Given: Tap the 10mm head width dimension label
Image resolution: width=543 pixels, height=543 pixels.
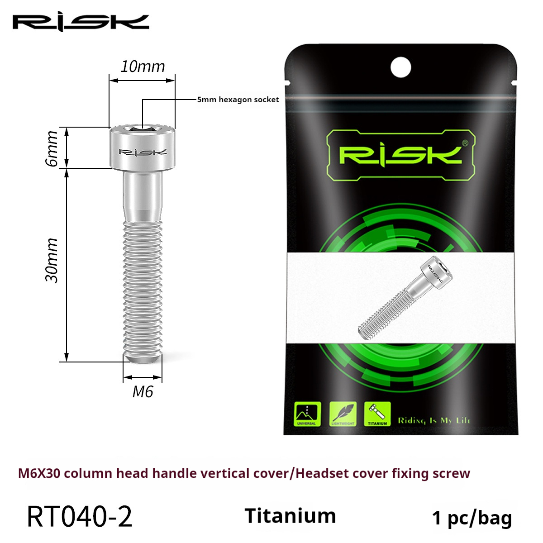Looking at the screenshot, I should (x=143, y=67).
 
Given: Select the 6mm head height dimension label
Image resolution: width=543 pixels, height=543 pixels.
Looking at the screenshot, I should (x=52, y=148).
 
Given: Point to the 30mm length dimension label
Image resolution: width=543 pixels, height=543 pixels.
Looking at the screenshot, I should (x=52, y=261).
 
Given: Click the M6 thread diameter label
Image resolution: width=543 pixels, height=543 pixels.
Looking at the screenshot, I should (x=143, y=391).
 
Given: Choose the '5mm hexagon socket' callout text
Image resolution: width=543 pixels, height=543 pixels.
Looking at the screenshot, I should (x=238, y=100).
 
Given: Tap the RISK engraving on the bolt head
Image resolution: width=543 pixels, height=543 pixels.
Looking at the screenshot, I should (x=142, y=152).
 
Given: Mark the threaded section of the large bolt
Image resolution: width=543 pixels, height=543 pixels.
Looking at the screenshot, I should (x=143, y=285).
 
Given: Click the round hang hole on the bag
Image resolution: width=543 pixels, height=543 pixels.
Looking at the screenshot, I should (x=400, y=67).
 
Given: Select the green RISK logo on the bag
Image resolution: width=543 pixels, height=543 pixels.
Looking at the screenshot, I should (x=400, y=154).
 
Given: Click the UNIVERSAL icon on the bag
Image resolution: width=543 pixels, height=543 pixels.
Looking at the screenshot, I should (x=307, y=414).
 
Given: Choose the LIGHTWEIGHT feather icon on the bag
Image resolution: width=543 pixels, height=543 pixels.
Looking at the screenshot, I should (x=343, y=414).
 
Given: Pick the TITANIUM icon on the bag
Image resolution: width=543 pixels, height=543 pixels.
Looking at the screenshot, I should (x=377, y=414).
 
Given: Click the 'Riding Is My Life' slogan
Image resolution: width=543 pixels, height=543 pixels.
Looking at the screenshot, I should (x=434, y=420).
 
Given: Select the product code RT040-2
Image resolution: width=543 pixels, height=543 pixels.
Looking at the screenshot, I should (x=80, y=517).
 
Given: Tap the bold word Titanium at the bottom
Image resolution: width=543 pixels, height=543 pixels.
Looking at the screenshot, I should (x=290, y=516).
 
